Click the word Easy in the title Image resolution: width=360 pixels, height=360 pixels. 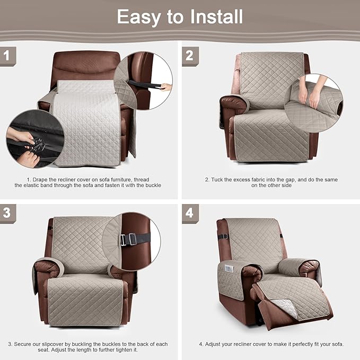coord(138,16)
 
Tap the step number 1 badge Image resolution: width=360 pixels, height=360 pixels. coord(7,55)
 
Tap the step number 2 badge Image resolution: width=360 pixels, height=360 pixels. coord(189,55)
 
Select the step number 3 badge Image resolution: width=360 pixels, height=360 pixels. coord(7,212)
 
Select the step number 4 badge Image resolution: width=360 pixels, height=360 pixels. coord(189,213)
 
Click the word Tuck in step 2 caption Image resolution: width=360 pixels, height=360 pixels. coord(217,180)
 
